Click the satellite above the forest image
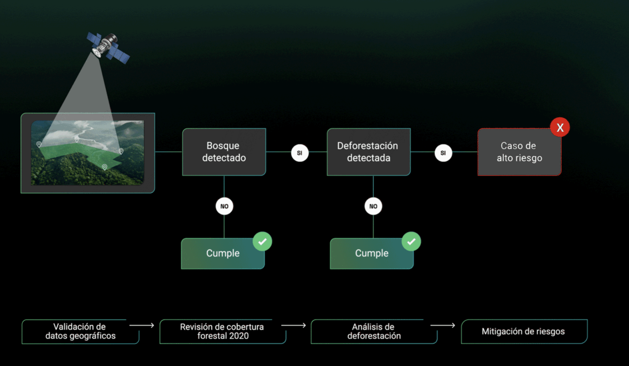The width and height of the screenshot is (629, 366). tap(108, 47)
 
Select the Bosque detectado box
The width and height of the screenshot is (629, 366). tap(224, 152)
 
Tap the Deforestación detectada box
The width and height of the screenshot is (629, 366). tap(368, 152)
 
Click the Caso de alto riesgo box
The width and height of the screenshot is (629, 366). tap(519, 152)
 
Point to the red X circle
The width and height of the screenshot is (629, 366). tap(560, 127)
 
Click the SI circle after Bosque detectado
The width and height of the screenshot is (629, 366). tap(299, 153)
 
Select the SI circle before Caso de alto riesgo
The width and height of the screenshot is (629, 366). tap(443, 153)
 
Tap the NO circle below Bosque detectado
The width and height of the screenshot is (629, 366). tap(224, 206)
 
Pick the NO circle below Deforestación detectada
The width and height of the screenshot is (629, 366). tap(373, 206)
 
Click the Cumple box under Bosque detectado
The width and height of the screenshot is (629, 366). tap(223, 254)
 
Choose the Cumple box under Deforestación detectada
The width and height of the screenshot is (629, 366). tap(372, 254)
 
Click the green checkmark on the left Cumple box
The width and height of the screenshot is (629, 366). tap(262, 241)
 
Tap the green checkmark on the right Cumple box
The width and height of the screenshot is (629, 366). tap(411, 241)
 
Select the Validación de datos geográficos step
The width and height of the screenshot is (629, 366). tap(80, 332)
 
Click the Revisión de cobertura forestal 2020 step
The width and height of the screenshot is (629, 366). tap(223, 332)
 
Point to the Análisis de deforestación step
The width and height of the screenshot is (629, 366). tap(374, 332)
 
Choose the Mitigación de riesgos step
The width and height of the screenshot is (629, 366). tap(524, 332)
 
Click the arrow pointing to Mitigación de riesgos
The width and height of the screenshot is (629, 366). tap(442, 325)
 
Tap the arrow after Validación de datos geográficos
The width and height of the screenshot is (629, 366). tap(141, 325)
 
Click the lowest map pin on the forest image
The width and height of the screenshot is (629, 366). tap(105, 168)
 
